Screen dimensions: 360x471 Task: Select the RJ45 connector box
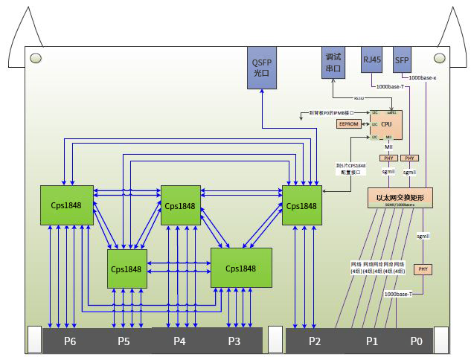[x=372, y=60]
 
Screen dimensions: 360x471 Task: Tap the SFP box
[x=402, y=60]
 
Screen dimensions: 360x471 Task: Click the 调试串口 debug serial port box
[x=333, y=63]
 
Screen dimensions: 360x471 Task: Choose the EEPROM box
[x=350, y=124]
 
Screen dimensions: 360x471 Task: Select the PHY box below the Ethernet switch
[x=423, y=269]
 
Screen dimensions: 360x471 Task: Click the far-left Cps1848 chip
[x=67, y=205]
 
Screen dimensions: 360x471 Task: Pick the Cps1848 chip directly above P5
[x=126, y=269]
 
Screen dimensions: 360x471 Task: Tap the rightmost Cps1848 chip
[x=301, y=205]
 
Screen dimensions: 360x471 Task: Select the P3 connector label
[x=234, y=341]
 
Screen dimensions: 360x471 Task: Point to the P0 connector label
[x=416, y=341]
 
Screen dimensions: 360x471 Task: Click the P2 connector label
[x=314, y=341]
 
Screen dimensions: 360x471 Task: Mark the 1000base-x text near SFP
[x=423, y=77]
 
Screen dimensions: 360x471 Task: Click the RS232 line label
[x=359, y=97]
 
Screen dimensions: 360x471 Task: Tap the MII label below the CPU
[x=388, y=147]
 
